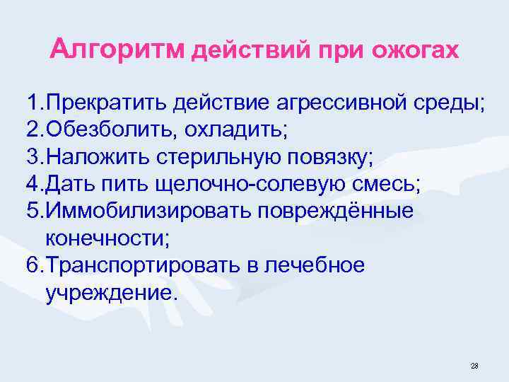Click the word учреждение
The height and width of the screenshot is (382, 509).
click(x=107, y=293)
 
